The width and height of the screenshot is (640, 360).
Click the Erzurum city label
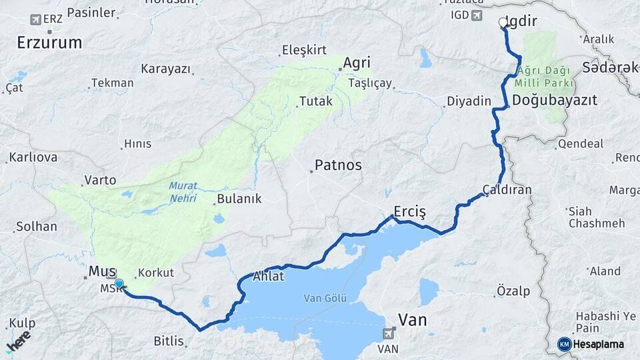pyautogui.click(x=49, y=43)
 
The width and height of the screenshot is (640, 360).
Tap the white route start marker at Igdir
pyautogui.click(x=503, y=22)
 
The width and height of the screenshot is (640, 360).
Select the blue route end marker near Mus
pyautogui.click(x=119, y=285)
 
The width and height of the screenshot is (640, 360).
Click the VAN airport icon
pyautogui.click(x=389, y=332)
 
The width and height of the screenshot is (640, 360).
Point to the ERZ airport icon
pyautogui.click(x=35, y=19)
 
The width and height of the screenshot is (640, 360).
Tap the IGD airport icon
pyautogui.click(x=476, y=15)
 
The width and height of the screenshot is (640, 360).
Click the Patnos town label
pyautogui.click(x=338, y=165)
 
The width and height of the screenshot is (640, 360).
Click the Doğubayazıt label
pyautogui.click(x=555, y=100)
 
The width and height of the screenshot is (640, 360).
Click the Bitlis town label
pyautogui.click(x=169, y=341)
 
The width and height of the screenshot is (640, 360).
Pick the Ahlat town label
pyautogui.click(x=269, y=277)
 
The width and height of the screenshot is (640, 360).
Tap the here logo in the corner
pyautogui.click(x=18, y=341)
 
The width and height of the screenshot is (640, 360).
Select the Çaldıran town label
pyautogui.click(x=508, y=189)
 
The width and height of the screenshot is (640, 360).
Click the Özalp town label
pyautogui.click(x=513, y=291)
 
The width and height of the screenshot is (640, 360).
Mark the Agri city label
pyautogui.click(x=356, y=63)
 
